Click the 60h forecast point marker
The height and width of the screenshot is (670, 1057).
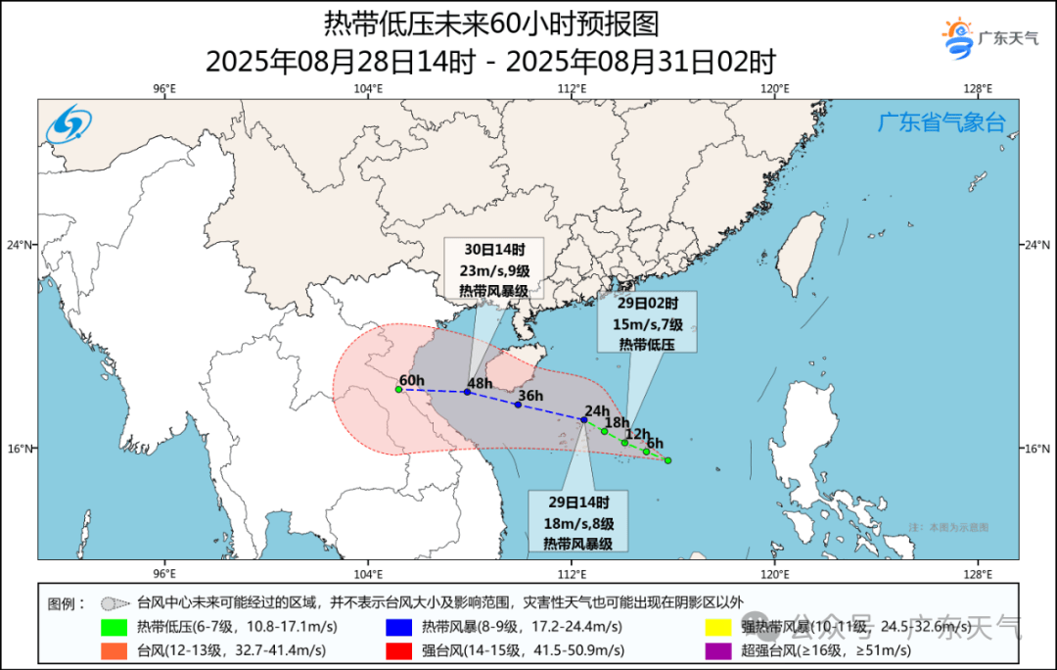[398, 390]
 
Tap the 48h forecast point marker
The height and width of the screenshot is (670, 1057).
[467, 392]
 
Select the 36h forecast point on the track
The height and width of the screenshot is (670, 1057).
[518, 405]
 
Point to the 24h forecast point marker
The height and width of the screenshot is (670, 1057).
[584, 420]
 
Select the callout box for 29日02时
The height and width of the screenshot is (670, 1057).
[648, 321]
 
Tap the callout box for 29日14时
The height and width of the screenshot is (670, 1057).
[578, 520]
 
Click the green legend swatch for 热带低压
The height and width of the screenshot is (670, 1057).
[115, 628]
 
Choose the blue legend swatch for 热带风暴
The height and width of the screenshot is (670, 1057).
[398, 628]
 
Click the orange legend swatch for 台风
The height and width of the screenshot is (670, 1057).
[115, 649]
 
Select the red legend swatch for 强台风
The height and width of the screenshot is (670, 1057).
[398, 649]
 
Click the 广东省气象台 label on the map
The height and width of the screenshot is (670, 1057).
[940, 123]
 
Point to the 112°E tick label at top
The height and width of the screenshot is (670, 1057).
[572, 89]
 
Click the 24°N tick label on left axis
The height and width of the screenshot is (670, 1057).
[23, 245]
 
